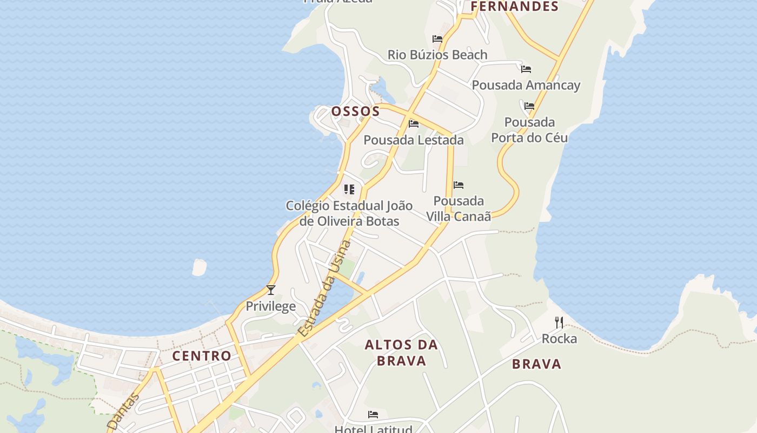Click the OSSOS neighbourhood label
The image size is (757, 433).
pyautogui.click(x=355, y=111)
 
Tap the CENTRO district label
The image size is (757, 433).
pyautogui.click(x=202, y=356)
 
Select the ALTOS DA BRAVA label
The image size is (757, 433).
pyautogui.click(x=401, y=352)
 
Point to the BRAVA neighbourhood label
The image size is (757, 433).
pyautogui.click(x=536, y=364)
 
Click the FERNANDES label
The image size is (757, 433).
pyautogui.click(x=514, y=6)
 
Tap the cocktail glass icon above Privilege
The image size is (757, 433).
pyautogui.click(x=271, y=290)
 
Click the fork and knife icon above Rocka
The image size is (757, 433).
pyautogui.click(x=559, y=323)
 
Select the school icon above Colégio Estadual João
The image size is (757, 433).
pyautogui.click(x=349, y=189)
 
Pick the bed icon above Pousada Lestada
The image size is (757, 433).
pyautogui.click(x=414, y=124)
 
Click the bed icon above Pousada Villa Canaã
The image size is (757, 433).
pyautogui.click(x=459, y=185)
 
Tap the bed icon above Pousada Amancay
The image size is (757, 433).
pyautogui.click(x=526, y=69)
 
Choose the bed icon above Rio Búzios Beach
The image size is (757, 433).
pyautogui.click(x=437, y=39)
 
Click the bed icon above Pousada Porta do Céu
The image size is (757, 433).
pyautogui.click(x=529, y=106)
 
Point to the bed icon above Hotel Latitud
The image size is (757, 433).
pyautogui.click(x=373, y=415)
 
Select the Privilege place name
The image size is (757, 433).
pyautogui.click(x=271, y=306)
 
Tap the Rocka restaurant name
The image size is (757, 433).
pyautogui.click(x=559, y=339)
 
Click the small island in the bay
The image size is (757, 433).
pyautogui.click(x=200, y=267)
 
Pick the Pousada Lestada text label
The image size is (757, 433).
pyautogui.click(x=414, y=140)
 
